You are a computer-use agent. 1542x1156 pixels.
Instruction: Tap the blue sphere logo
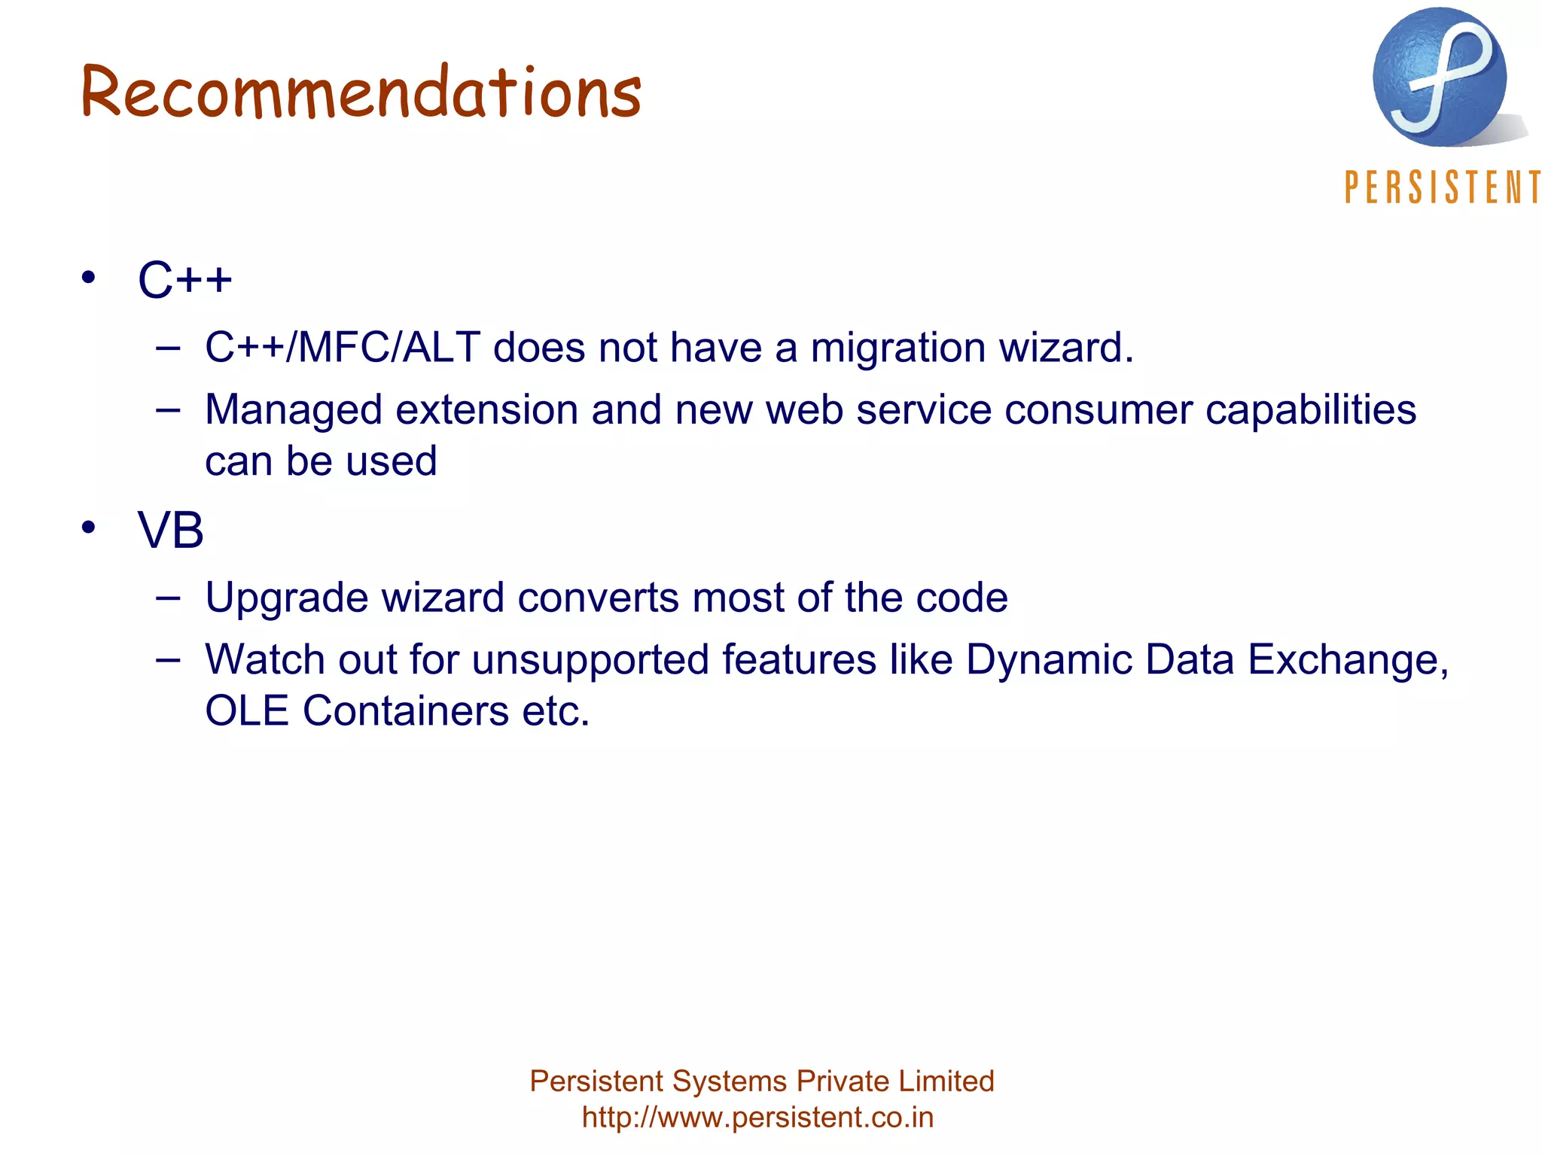point(1440,78)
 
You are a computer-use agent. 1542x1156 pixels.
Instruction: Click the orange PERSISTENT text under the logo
point(1442,187)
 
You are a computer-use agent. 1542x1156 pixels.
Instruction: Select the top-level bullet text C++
point(185,280)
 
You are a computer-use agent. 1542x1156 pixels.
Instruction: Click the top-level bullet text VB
point(171,531)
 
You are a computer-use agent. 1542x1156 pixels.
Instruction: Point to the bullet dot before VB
point(89,528)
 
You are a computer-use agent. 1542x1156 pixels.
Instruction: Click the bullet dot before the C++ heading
point(89,278)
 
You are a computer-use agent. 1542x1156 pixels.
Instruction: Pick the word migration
point(898,348)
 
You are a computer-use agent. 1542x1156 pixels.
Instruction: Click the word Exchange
point(1348,660)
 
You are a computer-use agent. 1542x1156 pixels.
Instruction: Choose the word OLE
point(247,711)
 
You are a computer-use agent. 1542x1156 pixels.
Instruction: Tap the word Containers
point(406,711)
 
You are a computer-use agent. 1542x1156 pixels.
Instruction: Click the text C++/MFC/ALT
point(343,348)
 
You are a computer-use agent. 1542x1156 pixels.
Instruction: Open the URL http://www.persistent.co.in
point(757,1118)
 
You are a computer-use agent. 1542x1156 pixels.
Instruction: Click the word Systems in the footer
point(729,1081)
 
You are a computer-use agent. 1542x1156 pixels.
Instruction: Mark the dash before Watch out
point(168,660)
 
